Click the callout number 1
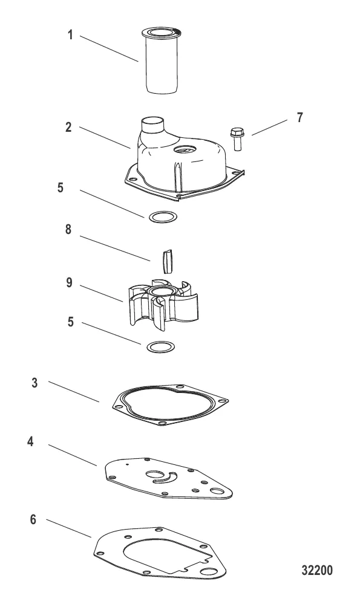point(70,35)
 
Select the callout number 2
point(68,127)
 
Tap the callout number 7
point(299,118)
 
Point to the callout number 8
point(68,229)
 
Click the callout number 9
point(69,283)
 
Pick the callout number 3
point(34,383)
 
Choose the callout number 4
point(31,442)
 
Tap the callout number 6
point(33,519)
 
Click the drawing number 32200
point(317,571)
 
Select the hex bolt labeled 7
point(237,138)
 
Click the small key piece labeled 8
point(166,261)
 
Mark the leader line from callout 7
point(269,128)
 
